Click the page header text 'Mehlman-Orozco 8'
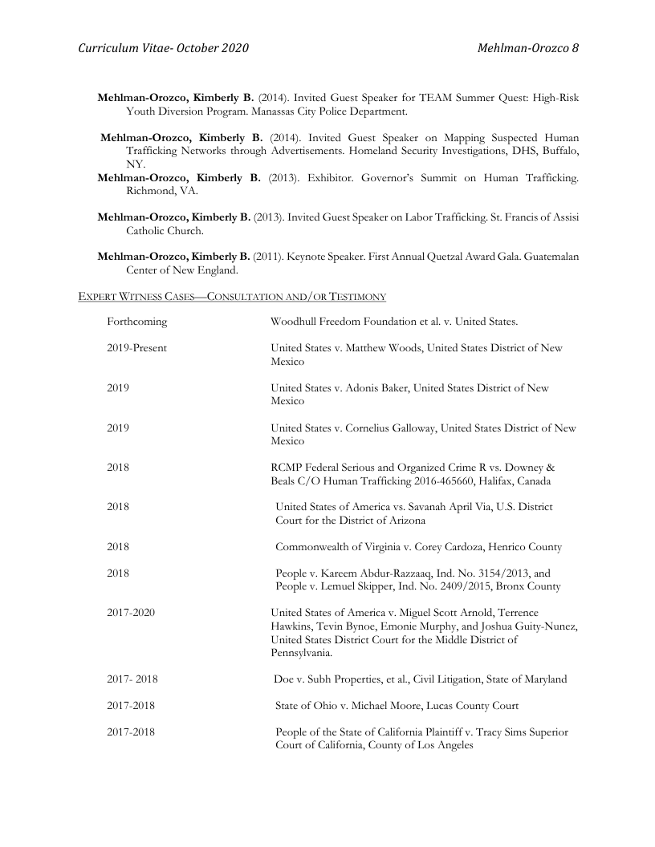[527, 49]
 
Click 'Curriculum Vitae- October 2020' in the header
[163, 49]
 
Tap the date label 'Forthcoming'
[137, 322]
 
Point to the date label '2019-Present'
[137, 348]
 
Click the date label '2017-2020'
[131, 613]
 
